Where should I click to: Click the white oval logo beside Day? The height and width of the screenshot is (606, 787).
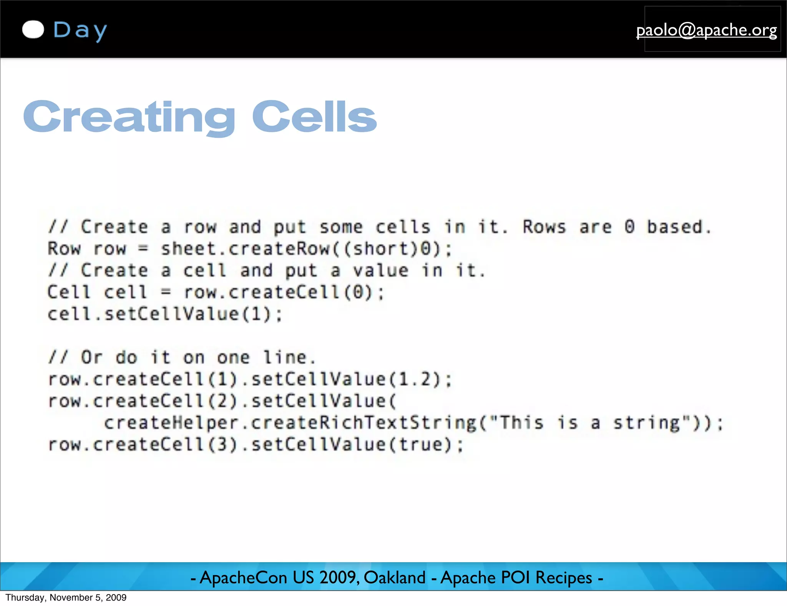tap(33, 30)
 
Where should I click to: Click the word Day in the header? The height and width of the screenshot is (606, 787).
tap(80, 30)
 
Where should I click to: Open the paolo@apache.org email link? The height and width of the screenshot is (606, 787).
tap(706, 30)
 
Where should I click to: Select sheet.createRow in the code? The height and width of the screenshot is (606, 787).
tap(245, 249)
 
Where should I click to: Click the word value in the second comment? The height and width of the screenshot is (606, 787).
tap(380, 270)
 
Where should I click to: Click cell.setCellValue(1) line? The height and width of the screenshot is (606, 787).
tap(164, 314)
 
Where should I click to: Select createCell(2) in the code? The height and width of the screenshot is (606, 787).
tap(165, 401)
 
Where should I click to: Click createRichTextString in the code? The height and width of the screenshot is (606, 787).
tap(364, 423)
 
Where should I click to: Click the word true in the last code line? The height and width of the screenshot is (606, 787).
tap(421, 445)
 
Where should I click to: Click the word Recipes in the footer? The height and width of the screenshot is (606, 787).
tap(563, 578)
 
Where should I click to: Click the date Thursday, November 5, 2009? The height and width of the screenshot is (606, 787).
tap(66, 598)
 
